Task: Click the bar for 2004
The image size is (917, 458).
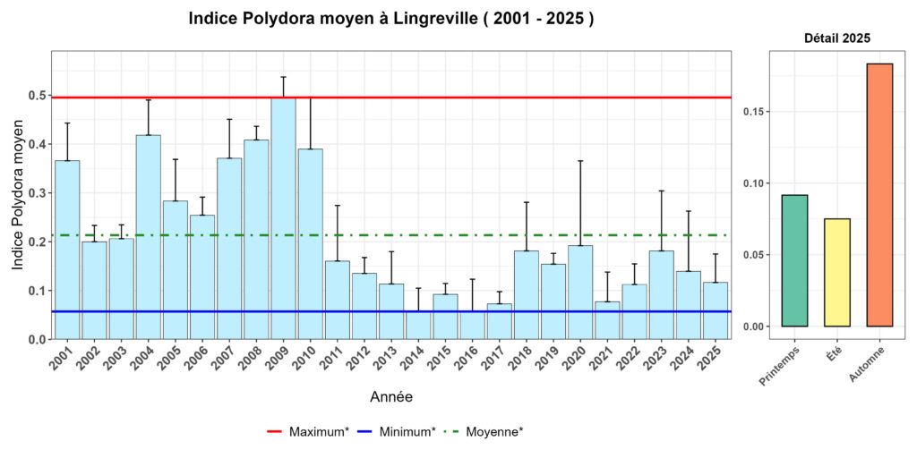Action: [148, 237]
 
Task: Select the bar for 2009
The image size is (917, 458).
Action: [283, 218]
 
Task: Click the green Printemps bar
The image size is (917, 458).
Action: [794, 260]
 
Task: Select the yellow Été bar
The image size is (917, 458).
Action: [837, 272]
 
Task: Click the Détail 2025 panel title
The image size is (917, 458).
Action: [837, 38]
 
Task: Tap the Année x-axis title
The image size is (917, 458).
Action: [391, 396]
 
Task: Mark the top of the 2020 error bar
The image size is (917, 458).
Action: [580, 161]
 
